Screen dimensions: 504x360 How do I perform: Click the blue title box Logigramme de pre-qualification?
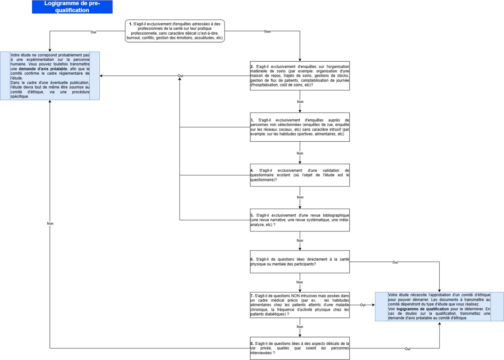[x=72, y=7]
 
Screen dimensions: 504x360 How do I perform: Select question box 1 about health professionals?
[x=175, y=31]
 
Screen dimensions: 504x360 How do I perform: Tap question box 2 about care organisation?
[x=300, y=76]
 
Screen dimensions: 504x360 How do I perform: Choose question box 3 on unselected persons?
[x=300, y=127]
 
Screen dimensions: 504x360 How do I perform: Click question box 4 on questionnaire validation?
[x=300, y=175]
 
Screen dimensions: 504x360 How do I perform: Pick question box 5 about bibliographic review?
[x=300, y=220]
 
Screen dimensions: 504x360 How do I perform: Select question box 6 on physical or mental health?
[x=300, y=262]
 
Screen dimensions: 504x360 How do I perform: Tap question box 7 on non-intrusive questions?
[x=300, y=305]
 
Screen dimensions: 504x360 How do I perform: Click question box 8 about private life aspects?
[x=300, y=348]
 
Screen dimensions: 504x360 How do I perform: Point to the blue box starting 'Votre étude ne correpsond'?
[x=50, y=76]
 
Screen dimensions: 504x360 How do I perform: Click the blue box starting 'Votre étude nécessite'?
[x=439, y=307]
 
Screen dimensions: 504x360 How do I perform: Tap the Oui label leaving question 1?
[x=93, y=32]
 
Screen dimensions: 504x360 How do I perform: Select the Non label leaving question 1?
[x=267, y=31]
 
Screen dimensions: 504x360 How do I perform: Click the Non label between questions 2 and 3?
[x=300, y=102]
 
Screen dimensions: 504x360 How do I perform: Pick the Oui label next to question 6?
[x=395, y=262]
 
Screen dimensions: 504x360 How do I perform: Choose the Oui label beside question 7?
[x=363, y=305]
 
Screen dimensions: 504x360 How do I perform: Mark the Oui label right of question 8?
[x=408, y=349]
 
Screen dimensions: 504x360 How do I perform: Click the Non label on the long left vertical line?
[x=50, y=223]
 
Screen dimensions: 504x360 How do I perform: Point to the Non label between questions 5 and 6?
[x=300, y=241]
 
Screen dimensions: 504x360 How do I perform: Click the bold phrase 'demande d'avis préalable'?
[x=43, y=69]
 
